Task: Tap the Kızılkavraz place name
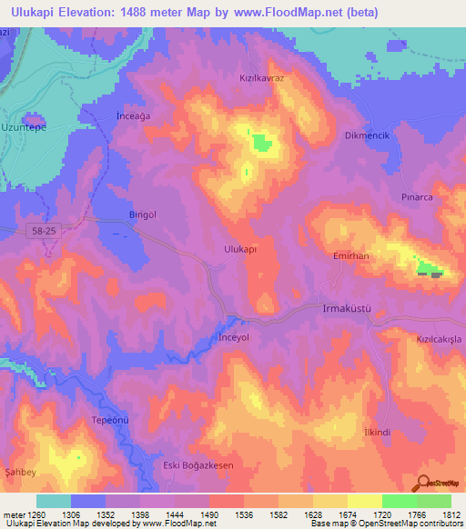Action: (x=262, y=79)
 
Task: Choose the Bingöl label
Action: (x=144, y=215)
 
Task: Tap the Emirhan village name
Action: (x=351, y=257)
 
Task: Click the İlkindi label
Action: (x=377, y=432)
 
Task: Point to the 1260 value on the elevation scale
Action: (x=31, y=514)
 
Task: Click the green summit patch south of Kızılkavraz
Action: (x=261, y=142)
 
